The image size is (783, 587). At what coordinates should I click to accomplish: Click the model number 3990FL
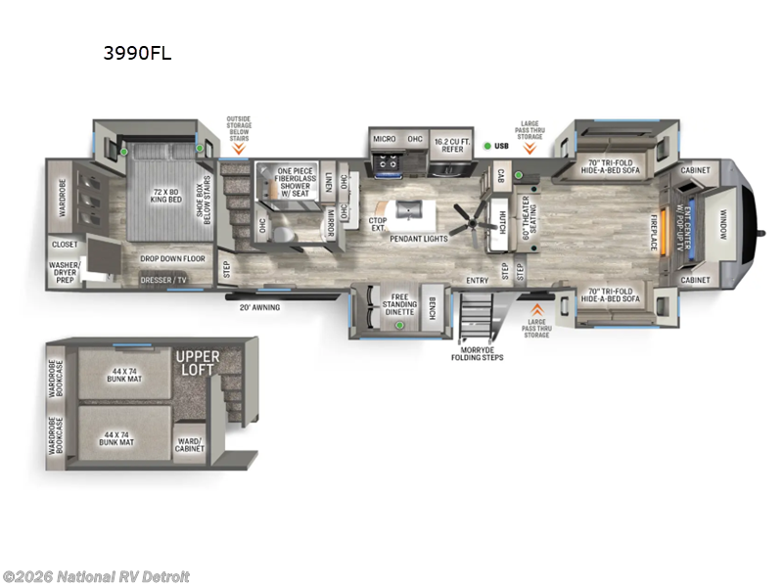137,54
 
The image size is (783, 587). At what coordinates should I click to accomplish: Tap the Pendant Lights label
418,239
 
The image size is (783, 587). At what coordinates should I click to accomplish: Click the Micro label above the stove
385,139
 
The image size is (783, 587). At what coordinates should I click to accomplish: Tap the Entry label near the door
478,280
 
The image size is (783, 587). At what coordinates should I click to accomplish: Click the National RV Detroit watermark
96,576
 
